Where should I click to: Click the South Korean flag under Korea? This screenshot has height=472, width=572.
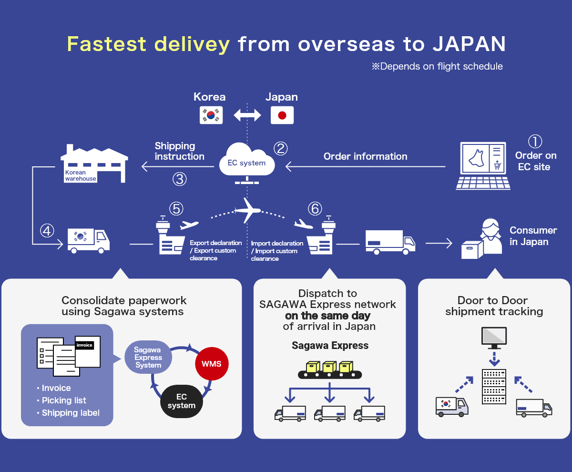click(211, 115)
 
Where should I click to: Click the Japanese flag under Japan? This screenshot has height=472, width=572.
click(282, 115)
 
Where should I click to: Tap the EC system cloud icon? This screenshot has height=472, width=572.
click(246, 161)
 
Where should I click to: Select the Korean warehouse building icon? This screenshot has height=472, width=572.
click(94, 164)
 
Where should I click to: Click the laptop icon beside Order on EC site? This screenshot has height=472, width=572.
click(483, 165)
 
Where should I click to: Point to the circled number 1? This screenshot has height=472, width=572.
click(535, 141)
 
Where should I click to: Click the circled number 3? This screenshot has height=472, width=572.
click(179, 179)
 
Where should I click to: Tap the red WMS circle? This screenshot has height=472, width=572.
click(212, 364)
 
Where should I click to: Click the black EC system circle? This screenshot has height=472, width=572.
click(182, 401)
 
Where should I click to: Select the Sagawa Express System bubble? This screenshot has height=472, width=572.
click(148, 357)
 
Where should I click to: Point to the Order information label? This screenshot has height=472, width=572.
click(365, 156)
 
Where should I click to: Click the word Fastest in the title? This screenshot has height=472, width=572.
click(106, 44)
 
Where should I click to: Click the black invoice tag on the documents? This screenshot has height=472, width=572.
click(84, 345)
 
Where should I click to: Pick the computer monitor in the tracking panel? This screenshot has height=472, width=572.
click(494, 338)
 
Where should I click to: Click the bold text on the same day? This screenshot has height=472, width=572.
click(327, 316)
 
